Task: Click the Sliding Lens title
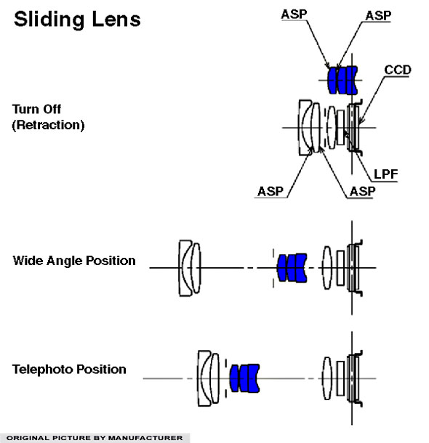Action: tap(77, 20)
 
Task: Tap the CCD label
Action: tap(397, 70)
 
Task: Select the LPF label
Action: tap(385, 174)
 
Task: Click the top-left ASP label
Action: tap(294, 14)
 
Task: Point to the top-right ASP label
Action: tap(378, 15)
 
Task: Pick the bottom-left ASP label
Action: tap(270, 191)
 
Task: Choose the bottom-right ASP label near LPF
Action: tap(362, 192)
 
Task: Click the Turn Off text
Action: tap(36, 109)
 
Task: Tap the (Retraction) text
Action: tap(48, 125)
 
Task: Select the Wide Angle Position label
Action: tap(74, 261)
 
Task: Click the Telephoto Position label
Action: tap(69, 369)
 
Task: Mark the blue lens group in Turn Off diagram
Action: tap(342, 80)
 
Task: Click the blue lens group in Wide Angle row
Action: tap(292, 267)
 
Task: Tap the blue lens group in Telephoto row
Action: tap(244, 378)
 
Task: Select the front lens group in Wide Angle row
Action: tap(190, 268)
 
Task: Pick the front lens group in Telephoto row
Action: tap(209, 378)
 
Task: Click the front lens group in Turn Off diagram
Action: tap(310, 127)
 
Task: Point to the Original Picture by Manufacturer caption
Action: tap(95, 438)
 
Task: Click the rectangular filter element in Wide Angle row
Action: tap(340, 268)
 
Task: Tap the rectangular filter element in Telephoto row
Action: tap(340, 378)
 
